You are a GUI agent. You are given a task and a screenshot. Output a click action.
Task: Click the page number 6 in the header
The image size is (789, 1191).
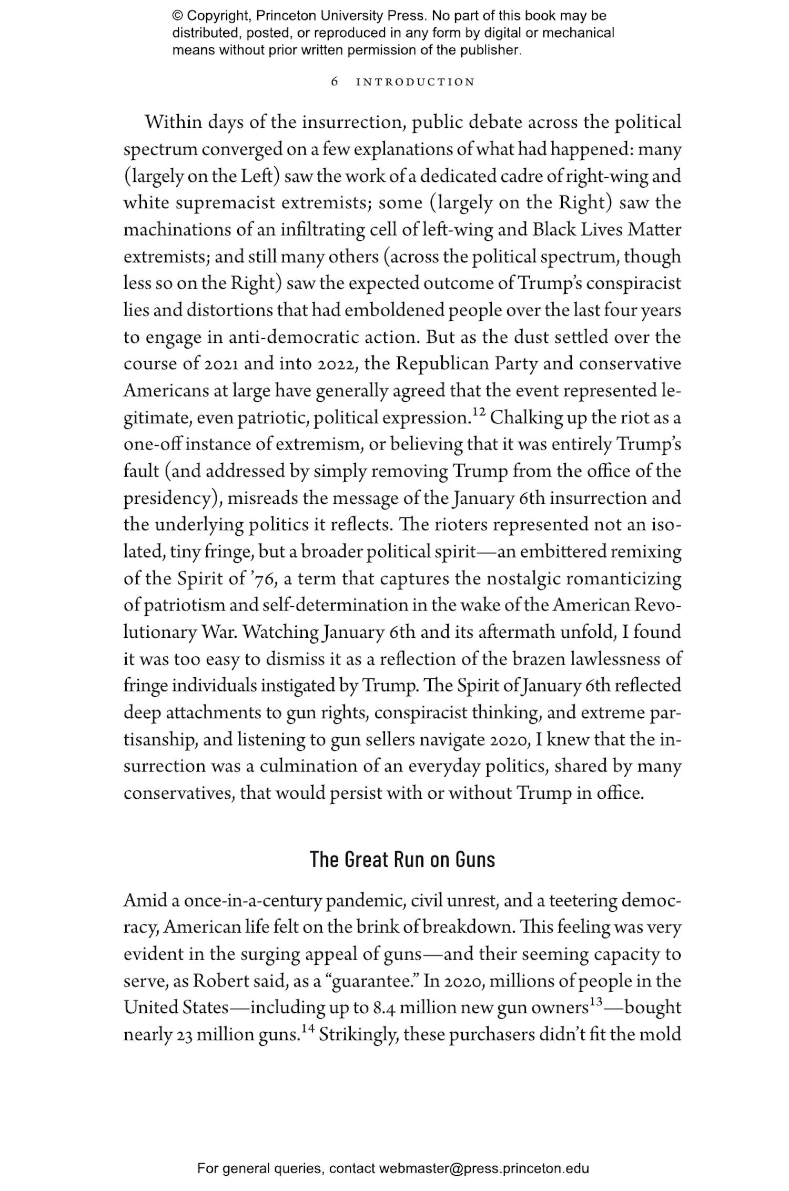[335, 82]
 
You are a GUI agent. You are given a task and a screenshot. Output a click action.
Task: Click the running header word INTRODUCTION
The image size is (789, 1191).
[416, 82]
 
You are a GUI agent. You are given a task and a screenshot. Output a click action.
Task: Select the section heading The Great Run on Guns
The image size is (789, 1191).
[402, 860]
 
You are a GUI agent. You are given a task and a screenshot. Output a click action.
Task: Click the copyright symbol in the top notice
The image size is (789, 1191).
[177, 16]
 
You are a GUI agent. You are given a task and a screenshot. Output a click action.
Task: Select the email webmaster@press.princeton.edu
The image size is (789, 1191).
[483, 1168]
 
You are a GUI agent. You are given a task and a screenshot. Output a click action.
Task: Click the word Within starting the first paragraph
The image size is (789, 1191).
[174, 123]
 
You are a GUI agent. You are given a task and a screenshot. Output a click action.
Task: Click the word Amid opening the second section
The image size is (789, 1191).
[145, 901]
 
